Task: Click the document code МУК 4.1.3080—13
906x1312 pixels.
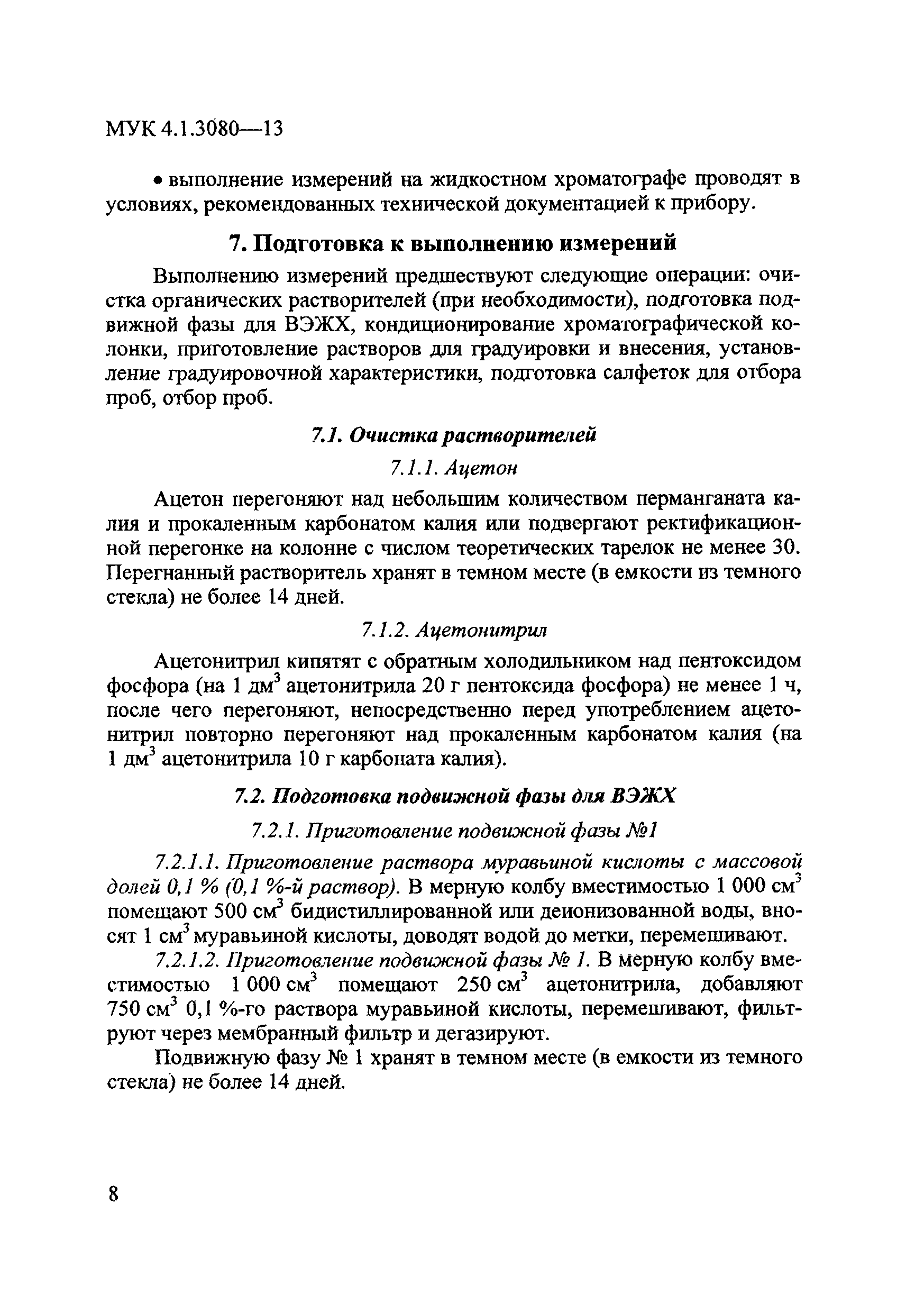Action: click(194, 130)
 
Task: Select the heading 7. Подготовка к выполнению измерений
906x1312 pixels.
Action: click(452, 243)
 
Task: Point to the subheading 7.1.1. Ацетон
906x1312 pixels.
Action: click(454, 468)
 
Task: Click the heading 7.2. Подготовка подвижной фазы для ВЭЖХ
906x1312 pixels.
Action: click(454, 797)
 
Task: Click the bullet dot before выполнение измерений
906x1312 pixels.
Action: click(160, 180)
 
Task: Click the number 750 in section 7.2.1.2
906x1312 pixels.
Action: click(124, 1009)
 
